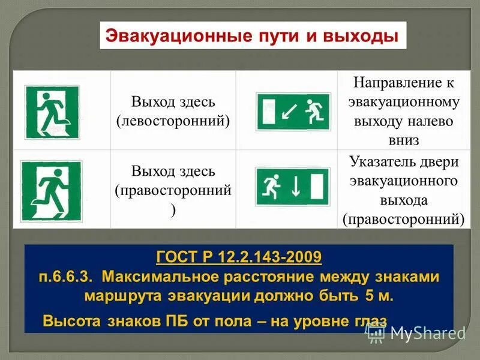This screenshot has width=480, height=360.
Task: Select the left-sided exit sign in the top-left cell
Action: click(x=52, y=112)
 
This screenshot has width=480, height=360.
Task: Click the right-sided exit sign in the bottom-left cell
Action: click(x=51, y=190)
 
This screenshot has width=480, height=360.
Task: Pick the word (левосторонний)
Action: click(x=173, y=120)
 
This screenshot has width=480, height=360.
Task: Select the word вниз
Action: click(x=404, y=140)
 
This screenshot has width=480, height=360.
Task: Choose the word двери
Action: click(x=440, y=162)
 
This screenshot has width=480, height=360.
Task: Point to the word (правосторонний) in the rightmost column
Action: click(x=404, y=219)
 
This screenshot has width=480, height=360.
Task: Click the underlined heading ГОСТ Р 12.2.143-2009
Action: click(x=239, y=257)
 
